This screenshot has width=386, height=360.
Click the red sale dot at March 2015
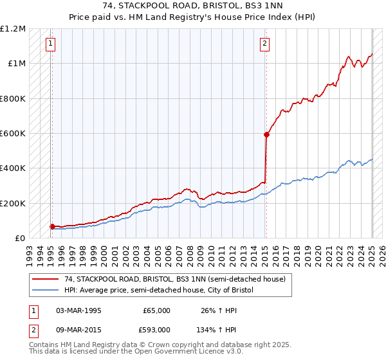pos(266,134)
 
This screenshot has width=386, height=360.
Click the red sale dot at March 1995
pos(52,226)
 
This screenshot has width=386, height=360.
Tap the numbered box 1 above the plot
pos(50,44)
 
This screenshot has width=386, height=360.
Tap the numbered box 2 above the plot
pos(264,44)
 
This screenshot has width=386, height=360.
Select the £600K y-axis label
pos(13,134)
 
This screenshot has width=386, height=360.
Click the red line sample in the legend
pos(46,279)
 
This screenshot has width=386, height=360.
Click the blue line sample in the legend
pos(46,291)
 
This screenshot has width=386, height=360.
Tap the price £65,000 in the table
pos(157,310)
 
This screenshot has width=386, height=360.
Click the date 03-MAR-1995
pos(78,310)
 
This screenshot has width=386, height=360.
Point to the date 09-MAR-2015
pos(78,330)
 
